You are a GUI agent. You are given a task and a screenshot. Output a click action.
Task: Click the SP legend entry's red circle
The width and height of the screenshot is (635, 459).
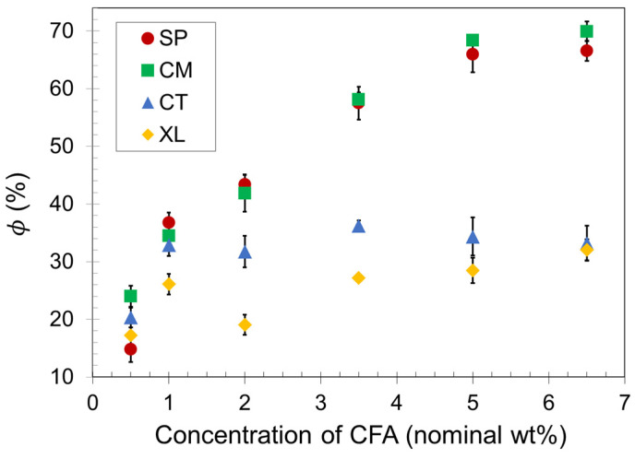(x=147, y=39)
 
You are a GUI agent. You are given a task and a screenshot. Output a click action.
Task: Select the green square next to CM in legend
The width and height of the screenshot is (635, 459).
(x=147, y=70)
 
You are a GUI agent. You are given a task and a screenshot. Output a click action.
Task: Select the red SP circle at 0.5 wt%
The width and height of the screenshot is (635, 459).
(x=130, y=349)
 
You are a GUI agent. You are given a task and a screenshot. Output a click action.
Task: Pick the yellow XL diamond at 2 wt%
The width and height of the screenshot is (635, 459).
(x=245, y=324)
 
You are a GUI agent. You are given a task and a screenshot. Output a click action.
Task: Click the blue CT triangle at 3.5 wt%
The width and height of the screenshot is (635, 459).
(x=358, y=226)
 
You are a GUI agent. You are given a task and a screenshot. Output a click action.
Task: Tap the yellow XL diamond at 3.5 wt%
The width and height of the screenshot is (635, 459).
(x=358, y=277)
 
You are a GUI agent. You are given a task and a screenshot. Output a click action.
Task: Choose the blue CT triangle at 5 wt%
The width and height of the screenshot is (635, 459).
(x=473, y=237)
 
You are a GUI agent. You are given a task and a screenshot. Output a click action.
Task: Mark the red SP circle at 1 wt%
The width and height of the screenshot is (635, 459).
(x=168, y=222)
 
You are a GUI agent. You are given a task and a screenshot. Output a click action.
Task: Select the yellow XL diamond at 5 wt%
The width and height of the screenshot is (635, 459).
(x=473, y=270)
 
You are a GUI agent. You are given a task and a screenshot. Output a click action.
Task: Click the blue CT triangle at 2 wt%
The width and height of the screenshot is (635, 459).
(x=245, y=252)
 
